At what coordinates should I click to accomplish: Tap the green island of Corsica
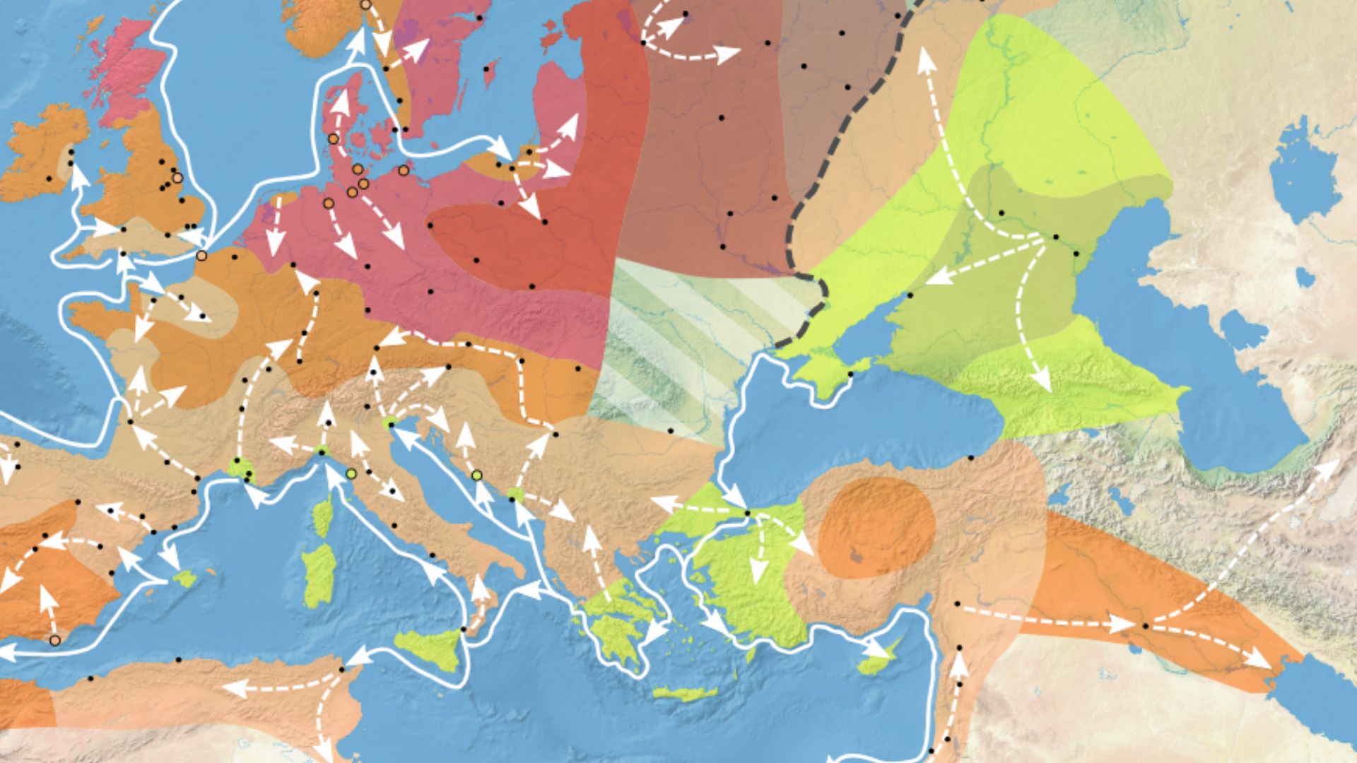click(322, 514)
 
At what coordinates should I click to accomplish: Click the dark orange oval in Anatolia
click(876, 526)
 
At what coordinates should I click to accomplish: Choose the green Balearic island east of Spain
click(185, 579)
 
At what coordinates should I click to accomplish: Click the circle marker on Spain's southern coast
click(54, 640)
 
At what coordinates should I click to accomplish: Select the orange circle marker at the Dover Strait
click(201, 255)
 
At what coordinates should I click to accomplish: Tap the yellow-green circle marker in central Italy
click(351, 473)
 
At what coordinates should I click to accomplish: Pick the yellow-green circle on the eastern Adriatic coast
click(477, 475)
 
